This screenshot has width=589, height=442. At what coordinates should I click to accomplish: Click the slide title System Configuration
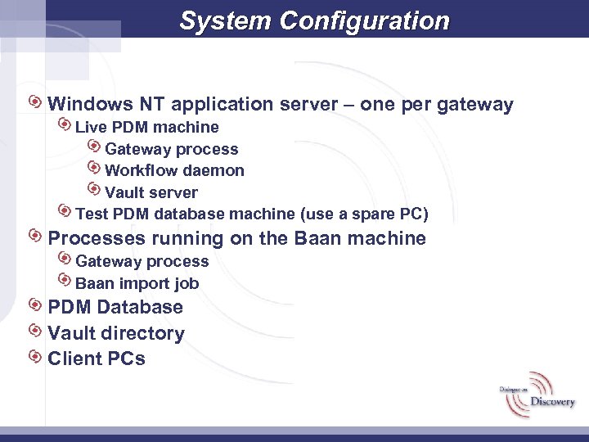click(x=314, y=20)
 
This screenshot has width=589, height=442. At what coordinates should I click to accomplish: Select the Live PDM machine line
click(x=147, y=127)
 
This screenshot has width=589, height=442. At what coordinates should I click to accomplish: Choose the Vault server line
click(x=151, y=192)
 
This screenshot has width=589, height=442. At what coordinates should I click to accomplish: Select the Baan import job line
click(x=137, y=283)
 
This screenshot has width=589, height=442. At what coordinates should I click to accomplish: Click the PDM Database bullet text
click(x=115, y=308)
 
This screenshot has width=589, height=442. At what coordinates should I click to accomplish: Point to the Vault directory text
click(x=116, y=333)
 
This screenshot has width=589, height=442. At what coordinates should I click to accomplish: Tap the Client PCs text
click(x=97, y=359)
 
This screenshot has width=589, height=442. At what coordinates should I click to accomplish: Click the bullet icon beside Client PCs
click(x=35, y=357)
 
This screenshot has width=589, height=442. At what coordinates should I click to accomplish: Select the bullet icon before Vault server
click(x=93, y=190)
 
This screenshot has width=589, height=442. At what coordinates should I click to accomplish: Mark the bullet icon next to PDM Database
click(x=35, y=305)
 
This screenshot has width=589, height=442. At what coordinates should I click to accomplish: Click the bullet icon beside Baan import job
click(x=65, y=281)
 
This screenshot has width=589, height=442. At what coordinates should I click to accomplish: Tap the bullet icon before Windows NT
click(x=35, y=102)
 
